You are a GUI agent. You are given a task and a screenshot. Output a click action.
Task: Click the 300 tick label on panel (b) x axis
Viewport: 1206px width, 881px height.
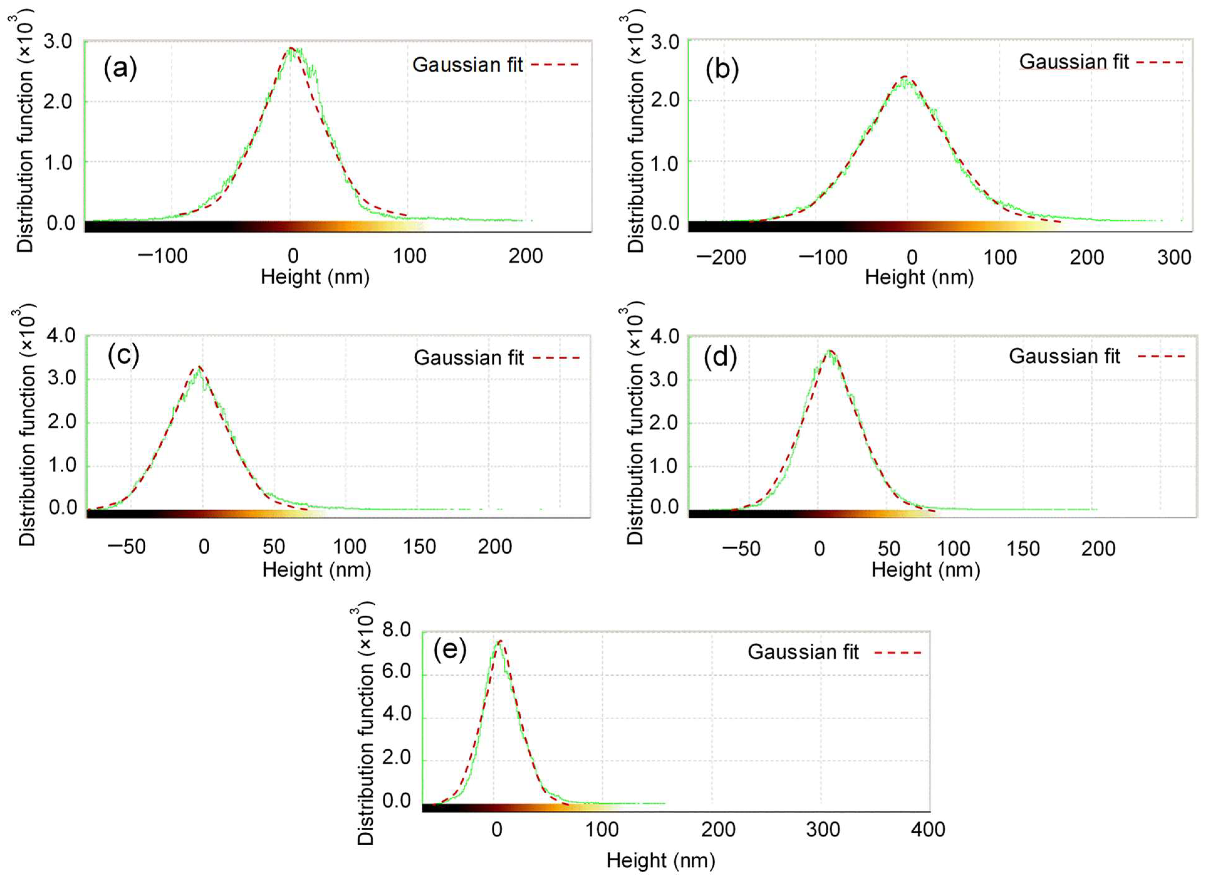(1174, 258)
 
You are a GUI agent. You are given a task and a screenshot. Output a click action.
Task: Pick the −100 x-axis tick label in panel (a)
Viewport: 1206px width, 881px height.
(163, 256)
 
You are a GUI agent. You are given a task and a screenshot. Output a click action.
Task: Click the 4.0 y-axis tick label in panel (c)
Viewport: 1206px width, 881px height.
(62, 336)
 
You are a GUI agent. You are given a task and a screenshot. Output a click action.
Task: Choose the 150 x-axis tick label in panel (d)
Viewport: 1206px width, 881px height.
(1023, 549)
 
